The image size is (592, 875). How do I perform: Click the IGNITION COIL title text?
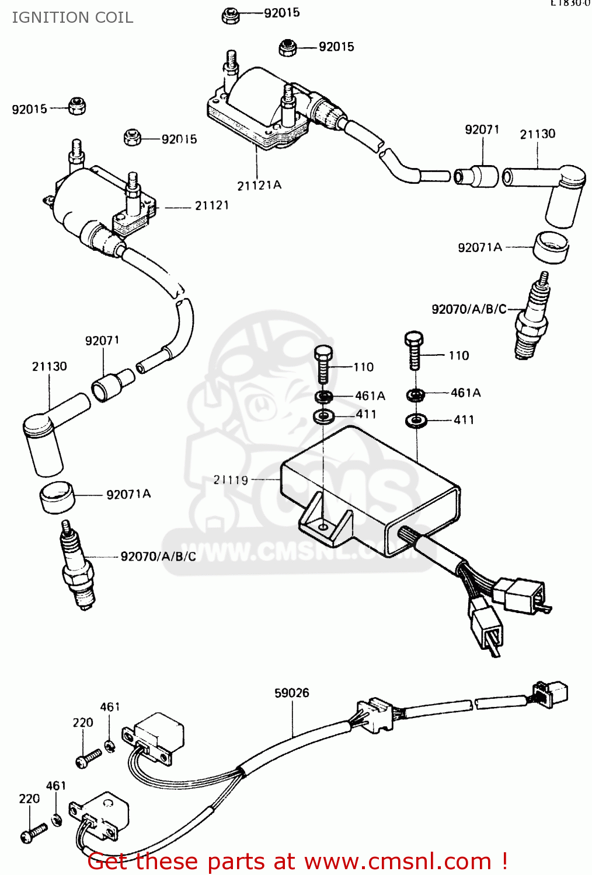click(x=72, y=17)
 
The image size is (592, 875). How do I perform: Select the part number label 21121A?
click(x=259, y=185)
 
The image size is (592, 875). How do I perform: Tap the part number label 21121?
click(x=211, y=205)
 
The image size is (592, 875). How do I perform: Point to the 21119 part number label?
click(x=231, y=480)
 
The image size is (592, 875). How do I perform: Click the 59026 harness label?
click(x=291, y=693)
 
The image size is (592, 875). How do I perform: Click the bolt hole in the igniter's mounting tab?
click(x=323, y=527)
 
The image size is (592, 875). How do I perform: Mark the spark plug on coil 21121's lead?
click(x=78, y=566)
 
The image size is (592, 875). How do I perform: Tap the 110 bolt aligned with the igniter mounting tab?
click(x=323, y=365)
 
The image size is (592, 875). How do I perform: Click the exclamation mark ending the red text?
click(x=503, y=862)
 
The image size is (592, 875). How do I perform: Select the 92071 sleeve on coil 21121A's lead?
click(x=476, y=176)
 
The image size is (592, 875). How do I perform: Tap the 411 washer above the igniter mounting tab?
click(x=323, y=416)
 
